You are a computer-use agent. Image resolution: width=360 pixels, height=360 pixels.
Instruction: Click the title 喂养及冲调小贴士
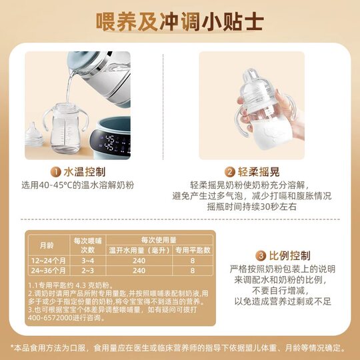coord(180,21)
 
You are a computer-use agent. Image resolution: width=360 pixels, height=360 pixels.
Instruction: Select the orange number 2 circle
coord(230,171)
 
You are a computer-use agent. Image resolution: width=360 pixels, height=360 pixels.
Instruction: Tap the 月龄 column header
coord(47,245)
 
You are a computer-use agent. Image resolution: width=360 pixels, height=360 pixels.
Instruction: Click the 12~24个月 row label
coord(47,261)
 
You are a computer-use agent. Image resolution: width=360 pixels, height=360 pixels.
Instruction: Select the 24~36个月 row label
coord(47,271)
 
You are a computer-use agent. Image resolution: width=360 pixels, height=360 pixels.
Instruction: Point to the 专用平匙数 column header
coord(193,250)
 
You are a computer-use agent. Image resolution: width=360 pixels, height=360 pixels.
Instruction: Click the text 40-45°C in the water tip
coord(65,185)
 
